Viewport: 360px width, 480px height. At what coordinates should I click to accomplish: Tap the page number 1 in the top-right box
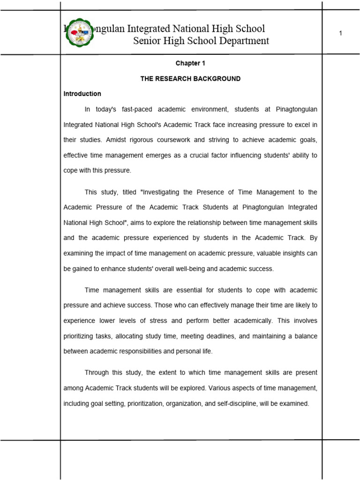pos(341,33)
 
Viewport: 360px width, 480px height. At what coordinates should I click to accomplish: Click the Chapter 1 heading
pos(190,63)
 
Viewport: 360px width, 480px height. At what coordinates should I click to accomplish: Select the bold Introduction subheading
pos(82,94)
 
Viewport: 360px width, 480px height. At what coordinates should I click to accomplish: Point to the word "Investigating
pos(163,192)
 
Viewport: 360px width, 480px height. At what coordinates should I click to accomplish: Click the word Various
pos(220,388)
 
